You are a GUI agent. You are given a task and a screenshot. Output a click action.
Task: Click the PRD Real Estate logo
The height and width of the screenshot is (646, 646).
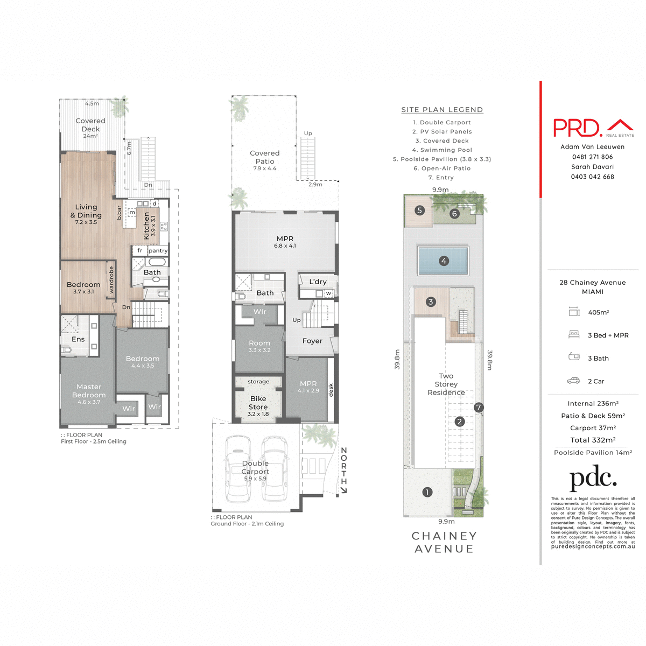[593, 128]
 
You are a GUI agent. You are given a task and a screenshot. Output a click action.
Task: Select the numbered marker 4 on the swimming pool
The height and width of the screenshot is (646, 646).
[444, 261]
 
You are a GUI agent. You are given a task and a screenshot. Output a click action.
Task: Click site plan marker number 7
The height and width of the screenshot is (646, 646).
[479, 408]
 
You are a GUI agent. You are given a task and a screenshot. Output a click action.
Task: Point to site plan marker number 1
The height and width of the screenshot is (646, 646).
[427, 492]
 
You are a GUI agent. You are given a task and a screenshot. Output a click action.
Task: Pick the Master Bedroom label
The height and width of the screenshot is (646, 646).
[89, 391]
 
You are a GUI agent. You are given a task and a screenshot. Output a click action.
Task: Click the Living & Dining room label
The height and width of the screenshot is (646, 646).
[86, 211]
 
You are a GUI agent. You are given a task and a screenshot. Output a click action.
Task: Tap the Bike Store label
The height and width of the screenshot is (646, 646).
[258, 403]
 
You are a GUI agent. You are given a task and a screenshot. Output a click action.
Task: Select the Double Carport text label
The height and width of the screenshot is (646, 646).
[255, 467]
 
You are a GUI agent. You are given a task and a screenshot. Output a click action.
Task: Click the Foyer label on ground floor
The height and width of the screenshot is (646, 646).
[312, 341]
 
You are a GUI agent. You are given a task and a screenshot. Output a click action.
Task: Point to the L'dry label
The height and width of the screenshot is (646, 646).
[318, 282]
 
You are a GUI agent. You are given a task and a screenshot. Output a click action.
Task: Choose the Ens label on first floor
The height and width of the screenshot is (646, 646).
[78, 339]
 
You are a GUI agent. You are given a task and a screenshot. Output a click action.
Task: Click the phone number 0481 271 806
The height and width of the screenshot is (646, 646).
[592, 157]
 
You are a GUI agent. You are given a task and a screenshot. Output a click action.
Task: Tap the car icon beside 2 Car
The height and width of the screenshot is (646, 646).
[573, 381]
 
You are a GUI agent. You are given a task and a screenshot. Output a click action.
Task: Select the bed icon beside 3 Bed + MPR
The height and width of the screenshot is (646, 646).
[573, 335]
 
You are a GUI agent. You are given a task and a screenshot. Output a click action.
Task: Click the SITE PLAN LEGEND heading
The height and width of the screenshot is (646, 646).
[442, 110]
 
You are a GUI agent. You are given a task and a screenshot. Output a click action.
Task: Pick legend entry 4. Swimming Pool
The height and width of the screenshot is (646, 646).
[442, 150]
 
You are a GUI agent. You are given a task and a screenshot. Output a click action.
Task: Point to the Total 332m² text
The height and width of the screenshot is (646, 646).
[593, 440]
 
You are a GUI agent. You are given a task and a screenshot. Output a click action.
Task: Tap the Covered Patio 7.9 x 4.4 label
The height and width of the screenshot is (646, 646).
[264, 160]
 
